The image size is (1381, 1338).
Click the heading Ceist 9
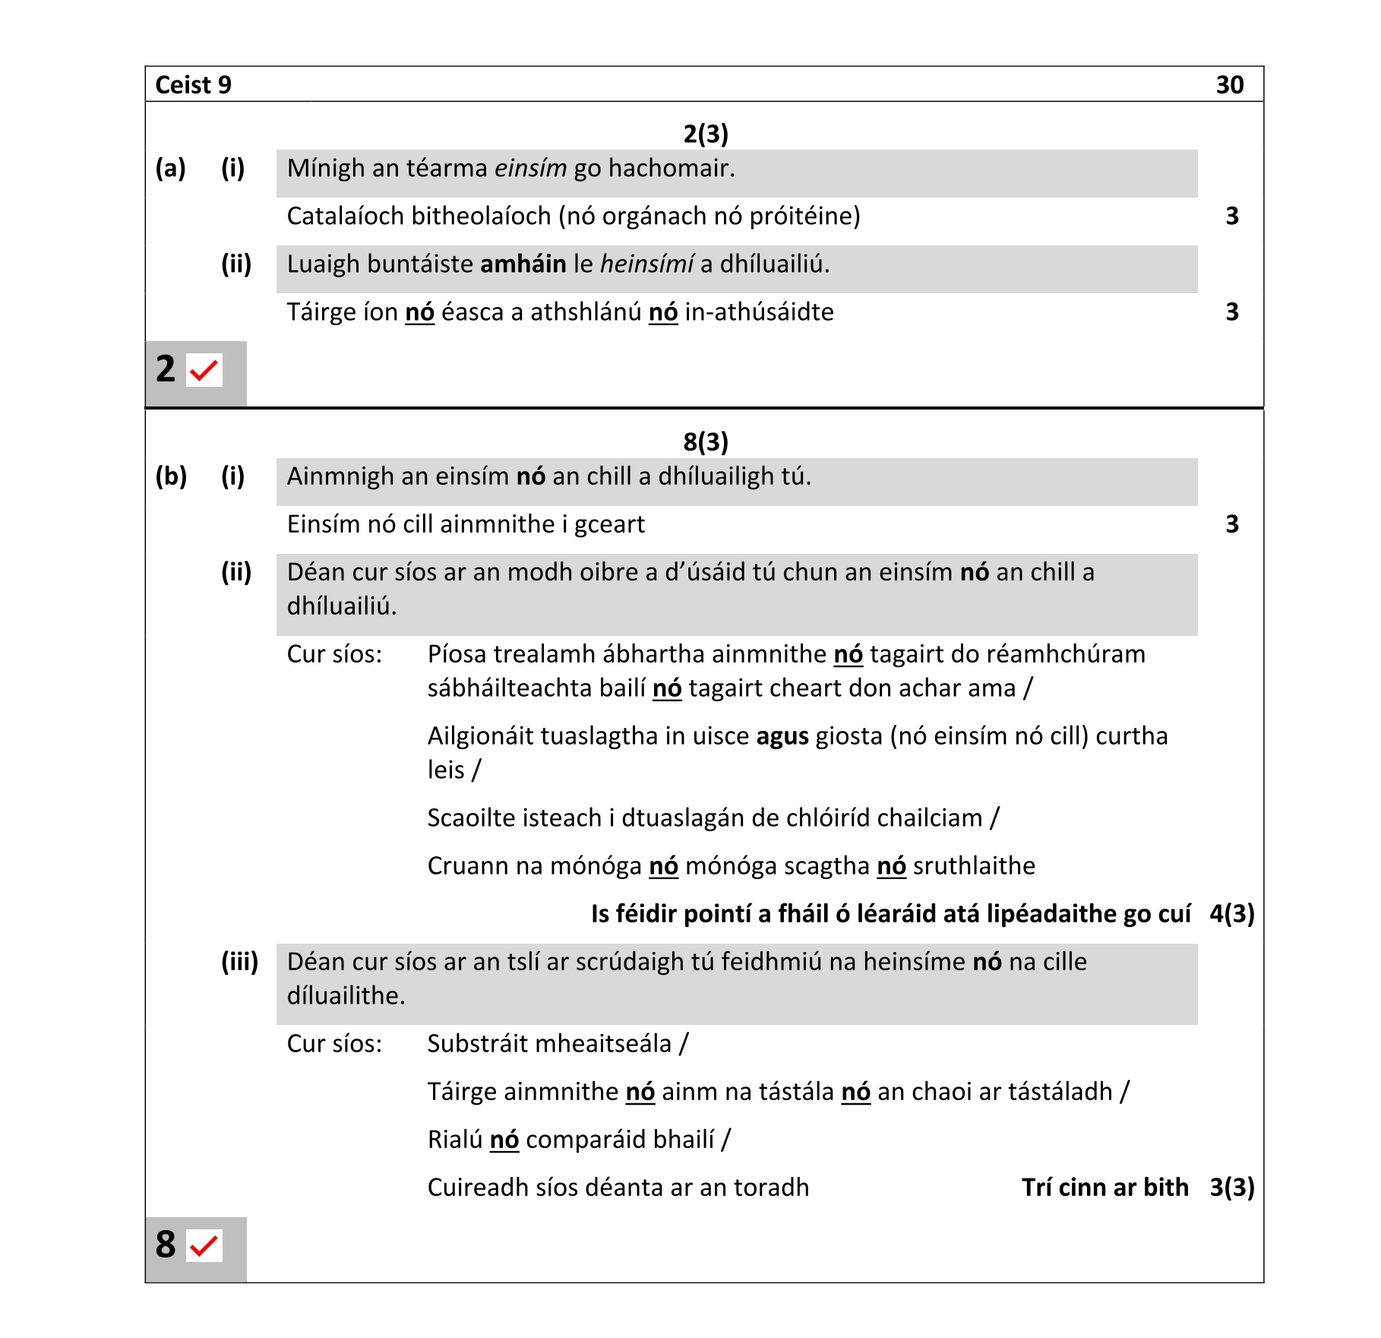pos(193,85)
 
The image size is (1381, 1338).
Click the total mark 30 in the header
pos(1229,85)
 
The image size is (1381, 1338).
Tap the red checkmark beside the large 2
pos(204,371)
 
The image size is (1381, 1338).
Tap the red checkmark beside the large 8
pos(204,1246)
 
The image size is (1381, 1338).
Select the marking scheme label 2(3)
pos(705,134)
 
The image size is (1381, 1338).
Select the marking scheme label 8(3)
pos(705,441)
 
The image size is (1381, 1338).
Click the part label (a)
pos(170,168)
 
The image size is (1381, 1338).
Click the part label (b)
pos(171,476)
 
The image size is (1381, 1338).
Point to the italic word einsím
pos(530,168)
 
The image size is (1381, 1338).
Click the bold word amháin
pos(523,264)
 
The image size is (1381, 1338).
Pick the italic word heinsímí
pos(646,264)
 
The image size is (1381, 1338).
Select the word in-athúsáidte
pos(759,312)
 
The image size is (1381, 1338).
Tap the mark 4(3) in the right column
pos(1231,914)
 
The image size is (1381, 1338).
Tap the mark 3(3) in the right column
pos(1231,1188)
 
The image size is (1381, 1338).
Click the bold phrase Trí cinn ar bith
pos(1104,1188)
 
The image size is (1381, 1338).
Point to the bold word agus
pos(782,736)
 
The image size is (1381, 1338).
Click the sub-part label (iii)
pos(239,962)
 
